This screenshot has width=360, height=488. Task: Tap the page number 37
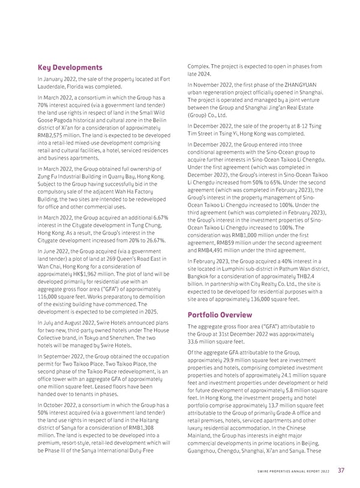click(x=341, y=469)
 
